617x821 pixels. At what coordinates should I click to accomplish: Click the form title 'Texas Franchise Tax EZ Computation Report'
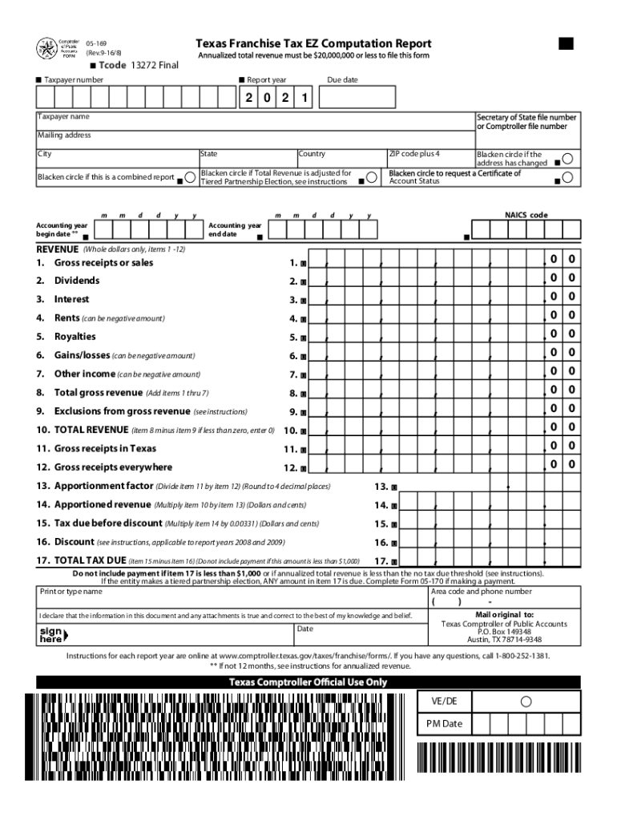point(314,43)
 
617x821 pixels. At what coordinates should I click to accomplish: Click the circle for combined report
point(189,177)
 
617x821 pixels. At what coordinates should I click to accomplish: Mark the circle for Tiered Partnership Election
point(370,177)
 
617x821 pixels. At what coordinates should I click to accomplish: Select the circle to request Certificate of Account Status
point(567,177)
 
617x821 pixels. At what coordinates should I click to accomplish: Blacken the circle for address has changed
point(567,159)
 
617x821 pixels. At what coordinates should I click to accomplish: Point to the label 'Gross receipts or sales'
point(103,262)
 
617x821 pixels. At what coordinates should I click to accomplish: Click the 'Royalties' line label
point(75,337)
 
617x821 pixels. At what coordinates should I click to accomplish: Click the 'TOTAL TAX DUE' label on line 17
point(90,560)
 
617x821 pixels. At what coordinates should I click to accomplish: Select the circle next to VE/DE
point(526,702)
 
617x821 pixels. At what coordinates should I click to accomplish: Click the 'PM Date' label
point(444,724)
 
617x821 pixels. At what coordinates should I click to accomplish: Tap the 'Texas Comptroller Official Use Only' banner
point(308,682)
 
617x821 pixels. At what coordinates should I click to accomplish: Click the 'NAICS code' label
point(526,215)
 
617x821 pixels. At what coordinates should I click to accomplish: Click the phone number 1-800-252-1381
point(511,655)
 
